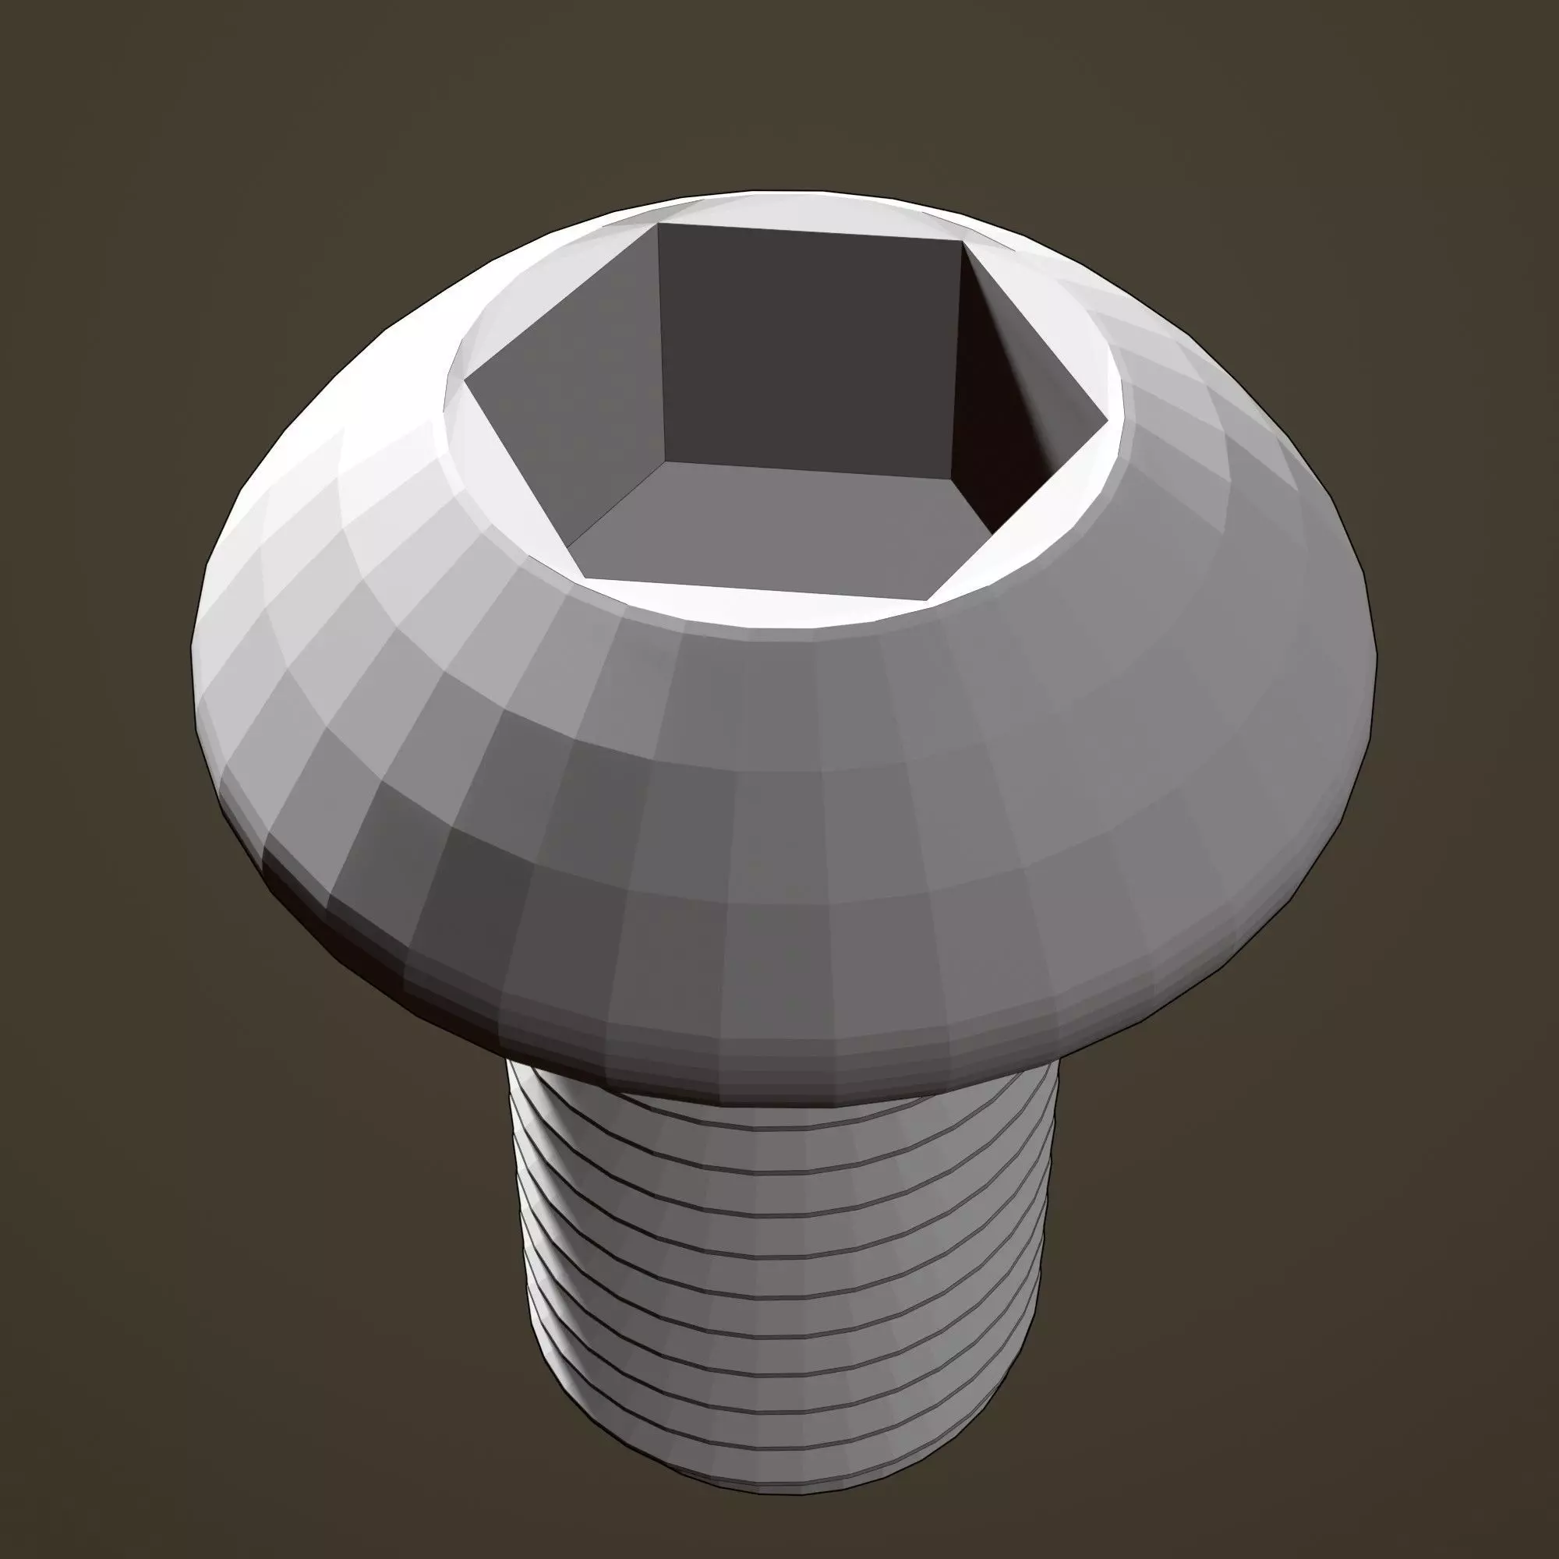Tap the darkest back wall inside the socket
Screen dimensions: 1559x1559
click(807, 339)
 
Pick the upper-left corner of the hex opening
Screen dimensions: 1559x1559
click(658, 224)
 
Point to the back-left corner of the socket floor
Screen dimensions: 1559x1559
click(663, 461)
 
